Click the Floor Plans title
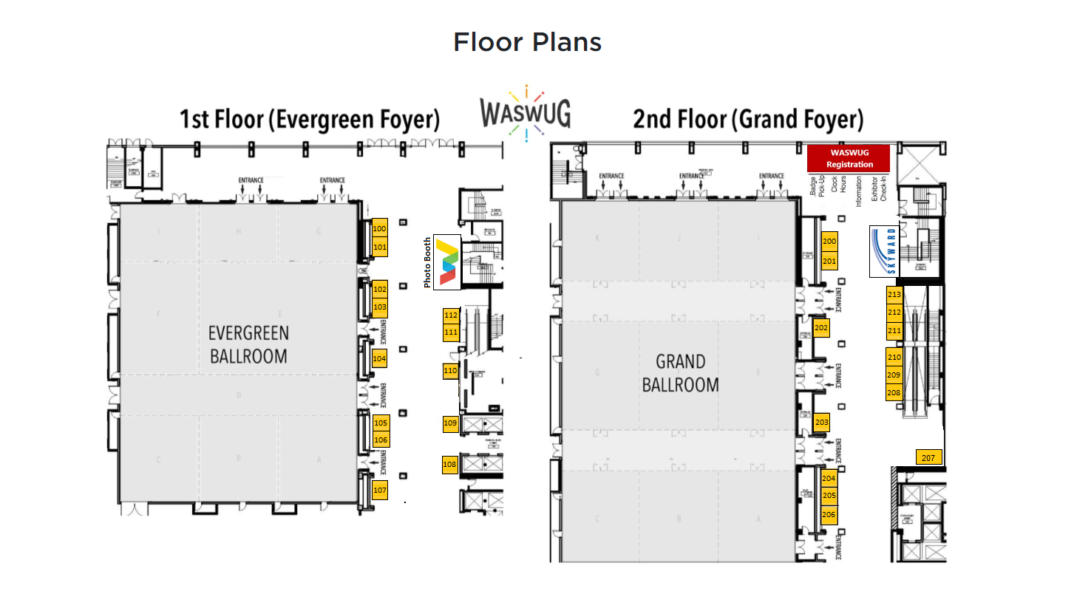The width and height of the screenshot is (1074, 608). pos(527,42)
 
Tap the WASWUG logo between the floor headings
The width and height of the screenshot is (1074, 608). pos(525,113)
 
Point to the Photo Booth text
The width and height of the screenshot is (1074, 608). pos(427,263)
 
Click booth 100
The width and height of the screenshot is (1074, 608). pos(380,229)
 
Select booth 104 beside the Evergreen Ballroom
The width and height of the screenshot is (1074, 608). pos(380,359)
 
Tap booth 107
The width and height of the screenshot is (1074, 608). pos(380,490)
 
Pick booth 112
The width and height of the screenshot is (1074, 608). pos(451,315)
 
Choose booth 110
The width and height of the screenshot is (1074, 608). pos(450,371)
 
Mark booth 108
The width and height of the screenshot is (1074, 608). pos(450,465)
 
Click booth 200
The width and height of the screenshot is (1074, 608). pos(829,242)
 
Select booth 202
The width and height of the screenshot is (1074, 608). pos(821,327)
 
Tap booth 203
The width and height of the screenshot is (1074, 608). pos(821,423)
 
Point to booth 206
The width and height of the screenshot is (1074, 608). pos(829,514)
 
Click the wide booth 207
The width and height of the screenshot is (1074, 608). pos(929,458)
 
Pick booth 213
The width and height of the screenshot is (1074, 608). pos(894,295)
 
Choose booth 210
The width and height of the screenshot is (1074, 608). pos(894,358)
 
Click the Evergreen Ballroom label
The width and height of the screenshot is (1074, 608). pos(248,344)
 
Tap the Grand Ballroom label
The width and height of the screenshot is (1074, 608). pos(680,373)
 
